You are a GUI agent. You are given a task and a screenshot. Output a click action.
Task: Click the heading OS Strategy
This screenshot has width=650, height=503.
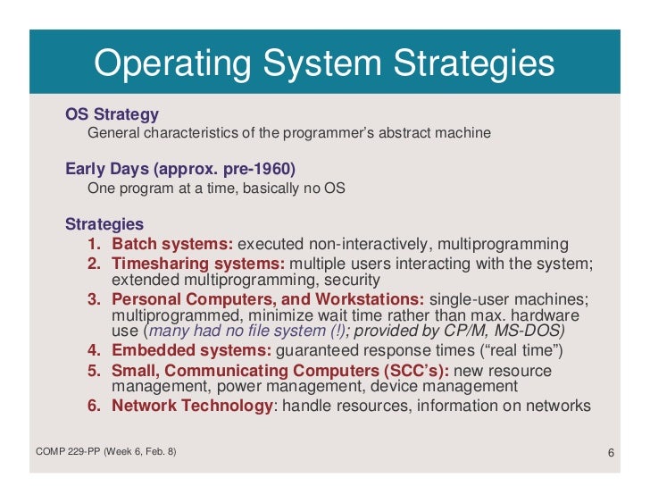click(x=112, y=114)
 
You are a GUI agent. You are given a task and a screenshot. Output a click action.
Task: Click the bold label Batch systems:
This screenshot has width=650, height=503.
click(x=172, y=244)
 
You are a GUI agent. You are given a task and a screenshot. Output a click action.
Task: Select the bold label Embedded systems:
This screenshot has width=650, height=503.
click(x=193, y=349)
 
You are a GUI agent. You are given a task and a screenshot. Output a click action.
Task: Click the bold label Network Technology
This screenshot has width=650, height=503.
click(x=192, y=405)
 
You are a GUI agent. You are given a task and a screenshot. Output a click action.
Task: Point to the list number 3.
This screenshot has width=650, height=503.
click(x=93, y=298)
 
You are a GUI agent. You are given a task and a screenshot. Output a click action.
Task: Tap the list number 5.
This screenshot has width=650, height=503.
click(x=93, y=369)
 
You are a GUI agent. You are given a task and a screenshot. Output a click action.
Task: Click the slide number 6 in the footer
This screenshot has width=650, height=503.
click(x=611, y=452)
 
